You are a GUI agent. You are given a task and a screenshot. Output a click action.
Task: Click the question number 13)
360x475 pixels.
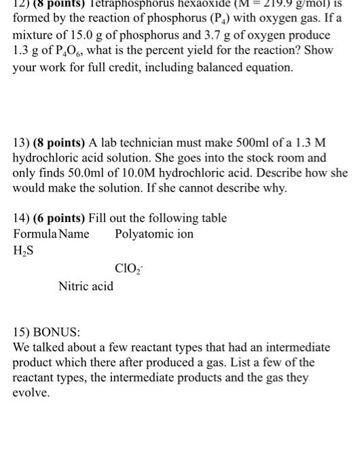point(23,142)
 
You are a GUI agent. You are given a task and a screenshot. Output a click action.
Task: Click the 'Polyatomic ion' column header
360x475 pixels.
point(154,234)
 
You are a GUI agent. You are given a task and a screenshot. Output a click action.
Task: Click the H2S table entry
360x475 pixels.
point(24,250)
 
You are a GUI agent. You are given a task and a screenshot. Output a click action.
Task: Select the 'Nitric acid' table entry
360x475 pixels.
point(86,286)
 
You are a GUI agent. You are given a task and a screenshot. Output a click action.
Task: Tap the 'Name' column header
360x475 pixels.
point(74,234)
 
